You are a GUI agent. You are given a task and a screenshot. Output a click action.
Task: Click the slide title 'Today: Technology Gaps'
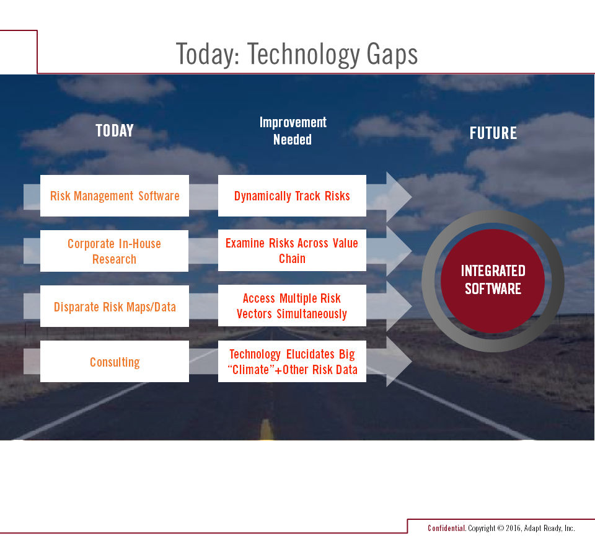tap(297, 55)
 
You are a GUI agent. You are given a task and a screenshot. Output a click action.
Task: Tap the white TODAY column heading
tap(115, 131)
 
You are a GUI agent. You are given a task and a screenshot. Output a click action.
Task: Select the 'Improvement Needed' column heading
tap(293, 131)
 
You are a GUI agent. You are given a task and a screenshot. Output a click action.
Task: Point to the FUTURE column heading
tap(493, 133)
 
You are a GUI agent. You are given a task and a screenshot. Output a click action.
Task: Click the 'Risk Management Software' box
tap(115, 195)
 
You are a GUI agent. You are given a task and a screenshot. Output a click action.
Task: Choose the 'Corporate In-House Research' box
tap(114, 251)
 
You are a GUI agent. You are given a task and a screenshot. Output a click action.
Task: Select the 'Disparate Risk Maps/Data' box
tap(115, 306)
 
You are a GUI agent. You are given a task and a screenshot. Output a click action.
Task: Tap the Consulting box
tap(115, 361)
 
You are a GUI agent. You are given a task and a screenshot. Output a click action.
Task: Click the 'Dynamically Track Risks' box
tap(292, 195)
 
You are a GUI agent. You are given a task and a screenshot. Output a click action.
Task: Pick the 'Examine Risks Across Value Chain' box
tap(292, 251)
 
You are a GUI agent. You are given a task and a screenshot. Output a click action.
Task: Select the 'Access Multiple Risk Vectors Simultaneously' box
tap(292, 305)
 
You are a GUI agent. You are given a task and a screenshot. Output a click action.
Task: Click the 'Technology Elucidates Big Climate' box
tap(292, 361)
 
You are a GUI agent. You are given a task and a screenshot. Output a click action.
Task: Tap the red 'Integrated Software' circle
tap(493, 281)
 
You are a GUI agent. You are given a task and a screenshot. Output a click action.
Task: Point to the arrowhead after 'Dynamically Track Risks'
tap(399, 197)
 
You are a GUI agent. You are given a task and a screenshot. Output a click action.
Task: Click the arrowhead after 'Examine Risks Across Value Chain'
tap(399, 251)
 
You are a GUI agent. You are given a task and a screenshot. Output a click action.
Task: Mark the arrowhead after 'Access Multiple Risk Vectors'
tap(399, 306)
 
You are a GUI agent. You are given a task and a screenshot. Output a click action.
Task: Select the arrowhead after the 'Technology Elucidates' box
tap(399, 361)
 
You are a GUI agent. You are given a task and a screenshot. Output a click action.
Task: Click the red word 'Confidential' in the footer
tap(446, 528)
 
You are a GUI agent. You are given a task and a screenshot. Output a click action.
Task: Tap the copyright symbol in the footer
tap(501, 528)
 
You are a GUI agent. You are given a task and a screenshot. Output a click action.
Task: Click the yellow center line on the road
tap(267, 429)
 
